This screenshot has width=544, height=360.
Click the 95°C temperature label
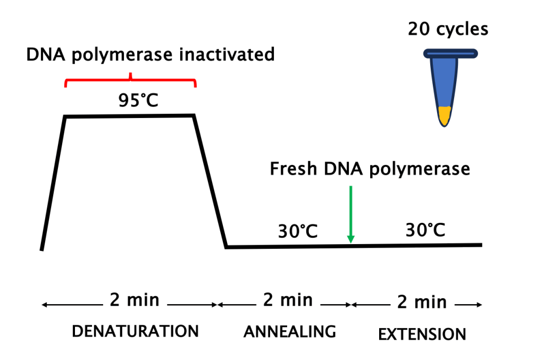(x=138, y=99)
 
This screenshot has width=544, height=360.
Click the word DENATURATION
(x=135, y=331)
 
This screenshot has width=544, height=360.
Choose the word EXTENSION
(x=422, y=334)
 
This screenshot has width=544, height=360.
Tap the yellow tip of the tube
(x=445, y=116)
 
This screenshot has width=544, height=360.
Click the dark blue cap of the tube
(x=450, y=53)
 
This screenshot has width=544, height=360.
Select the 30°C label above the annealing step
(x=298, y=232)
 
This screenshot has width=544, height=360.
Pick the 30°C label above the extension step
(x=425, y=230)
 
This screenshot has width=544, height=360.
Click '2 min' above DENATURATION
(x=135, y=300)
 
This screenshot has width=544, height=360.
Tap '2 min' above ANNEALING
(x=288, y=300)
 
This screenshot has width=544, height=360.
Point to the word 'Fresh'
(x=293, y=169)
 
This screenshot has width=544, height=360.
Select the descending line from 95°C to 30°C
(x=210, y=181)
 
